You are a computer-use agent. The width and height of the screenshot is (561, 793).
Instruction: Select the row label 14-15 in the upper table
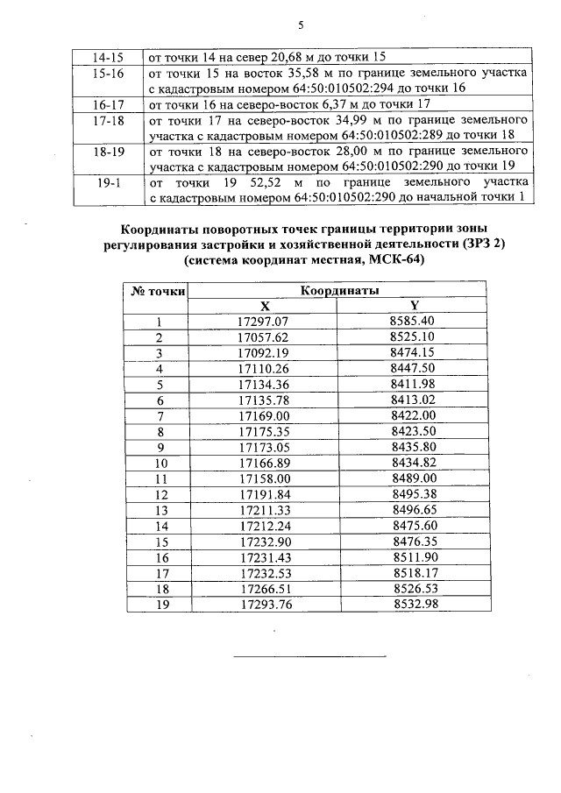tap(107, 55)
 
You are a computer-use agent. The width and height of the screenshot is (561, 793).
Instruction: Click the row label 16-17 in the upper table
tap(107, 103)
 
